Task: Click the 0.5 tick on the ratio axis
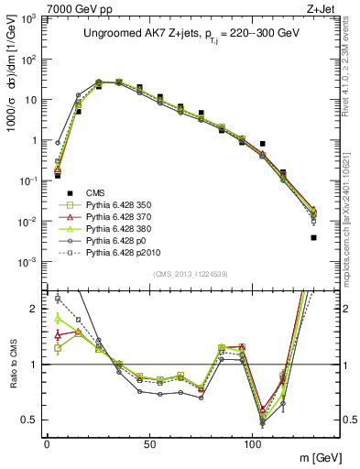[33, 420]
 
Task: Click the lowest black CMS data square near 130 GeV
[313, 237]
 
